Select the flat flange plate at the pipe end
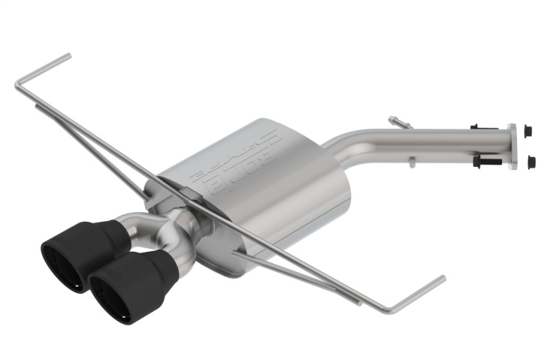point(512,147)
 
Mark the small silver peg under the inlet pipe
point(411,160)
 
